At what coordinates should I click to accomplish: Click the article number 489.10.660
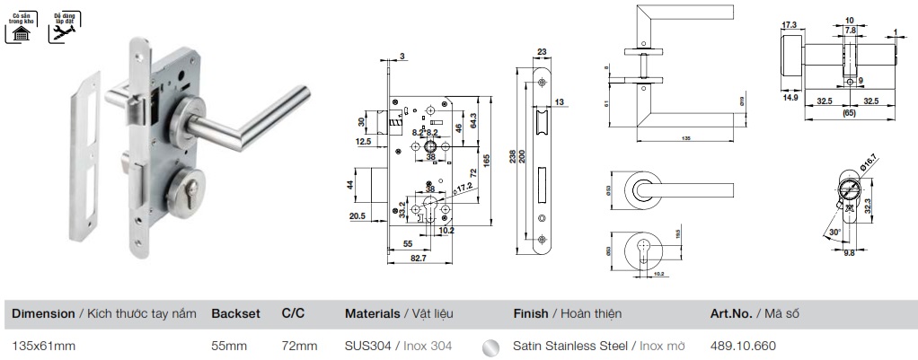click(x=742, y=345)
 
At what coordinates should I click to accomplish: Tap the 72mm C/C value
click(x=299, y=345)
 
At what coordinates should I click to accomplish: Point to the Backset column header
click(x=235, y=313)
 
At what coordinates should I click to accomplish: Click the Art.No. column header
click(x=733, y=313)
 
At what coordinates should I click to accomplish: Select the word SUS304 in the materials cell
click(x=367, y=345)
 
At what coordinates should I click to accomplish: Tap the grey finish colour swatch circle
click(x=490, y=346)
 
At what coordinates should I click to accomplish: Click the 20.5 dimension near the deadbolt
click(x=357, y=215)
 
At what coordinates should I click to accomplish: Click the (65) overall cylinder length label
click(x=847, y=113)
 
